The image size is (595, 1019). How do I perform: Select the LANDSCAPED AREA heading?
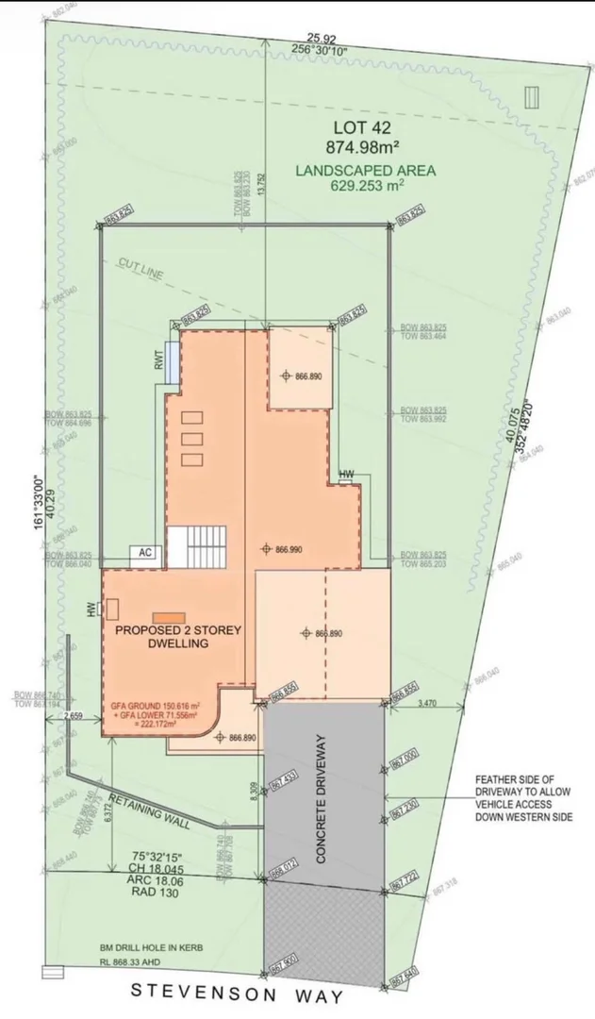pos(365,171)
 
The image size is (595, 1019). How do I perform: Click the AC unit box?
pos(146,554)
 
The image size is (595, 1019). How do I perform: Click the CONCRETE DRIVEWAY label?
pos(322,797)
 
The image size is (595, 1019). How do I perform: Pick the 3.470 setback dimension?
pos(427,704)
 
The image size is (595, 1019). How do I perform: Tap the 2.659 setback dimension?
pos(75,717)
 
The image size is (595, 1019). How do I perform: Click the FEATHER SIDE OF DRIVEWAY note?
pos(523,797)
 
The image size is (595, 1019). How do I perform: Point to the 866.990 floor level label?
pos(289,548)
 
